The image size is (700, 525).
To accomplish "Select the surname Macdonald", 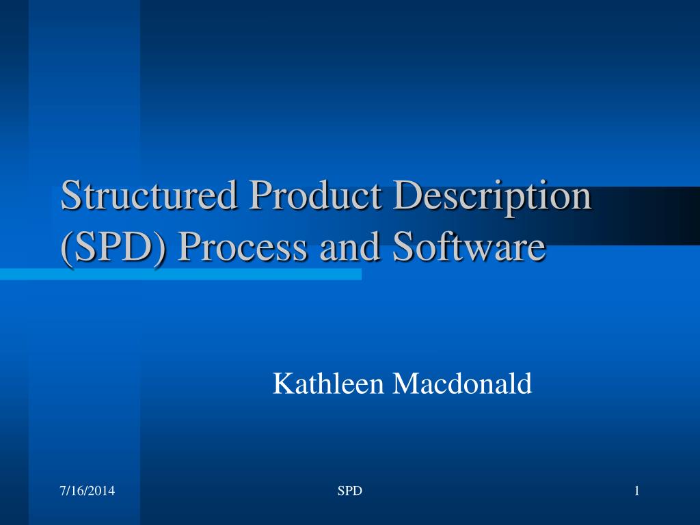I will pyautogui.click(x=461, y=383).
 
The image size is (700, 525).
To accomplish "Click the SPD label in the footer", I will pyautogui.click(x=350, y=490).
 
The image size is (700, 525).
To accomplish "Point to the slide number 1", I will pyautogui.click(x=636, y=490).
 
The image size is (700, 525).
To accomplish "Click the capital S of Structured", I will pyautogui.click(x=70, y=197).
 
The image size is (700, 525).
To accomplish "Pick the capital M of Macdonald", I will pyautogui.click(x=405, y=383).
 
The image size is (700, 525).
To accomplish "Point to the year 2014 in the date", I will pyautogui.click(x=103, y=490).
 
